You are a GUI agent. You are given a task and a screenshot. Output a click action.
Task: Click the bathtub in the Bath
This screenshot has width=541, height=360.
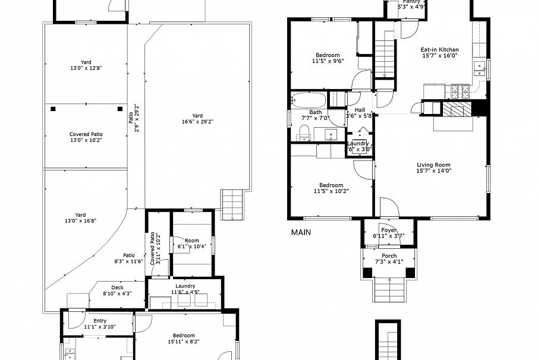coord(309,99)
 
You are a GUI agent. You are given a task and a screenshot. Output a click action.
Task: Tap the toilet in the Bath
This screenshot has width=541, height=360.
coord(304,136)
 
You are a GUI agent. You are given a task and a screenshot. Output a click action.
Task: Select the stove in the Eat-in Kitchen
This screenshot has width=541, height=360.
coord(460,92)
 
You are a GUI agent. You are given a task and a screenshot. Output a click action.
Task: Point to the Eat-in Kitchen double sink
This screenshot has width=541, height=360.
coord(479,67)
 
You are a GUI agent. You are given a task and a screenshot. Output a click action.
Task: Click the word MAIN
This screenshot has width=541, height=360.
coord(301,233)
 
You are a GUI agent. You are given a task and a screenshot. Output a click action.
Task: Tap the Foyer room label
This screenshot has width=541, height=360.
coord(389,230)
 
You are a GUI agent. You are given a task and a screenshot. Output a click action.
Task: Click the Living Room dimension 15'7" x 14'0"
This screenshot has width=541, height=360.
coord(433,170)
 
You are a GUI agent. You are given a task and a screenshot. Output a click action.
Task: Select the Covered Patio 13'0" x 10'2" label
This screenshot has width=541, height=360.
coord(86,137)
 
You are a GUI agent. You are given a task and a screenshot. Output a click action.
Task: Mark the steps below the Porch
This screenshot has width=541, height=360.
coord(389,290)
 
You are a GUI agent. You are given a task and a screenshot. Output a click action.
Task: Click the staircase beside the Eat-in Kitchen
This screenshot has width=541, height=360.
coord(385,56)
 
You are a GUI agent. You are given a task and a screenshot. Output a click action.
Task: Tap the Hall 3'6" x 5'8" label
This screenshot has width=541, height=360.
coord(361,112)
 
